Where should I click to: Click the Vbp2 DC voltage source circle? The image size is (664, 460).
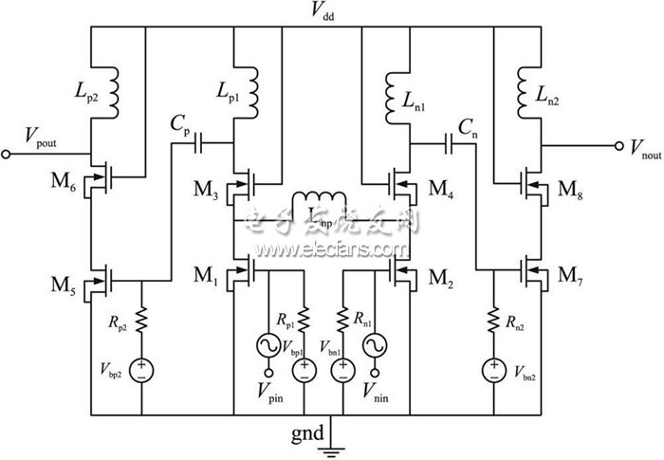pos(141,366)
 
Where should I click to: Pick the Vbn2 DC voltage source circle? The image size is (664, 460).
pos(492,366)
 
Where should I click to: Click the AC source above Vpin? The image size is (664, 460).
pos(267,345)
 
